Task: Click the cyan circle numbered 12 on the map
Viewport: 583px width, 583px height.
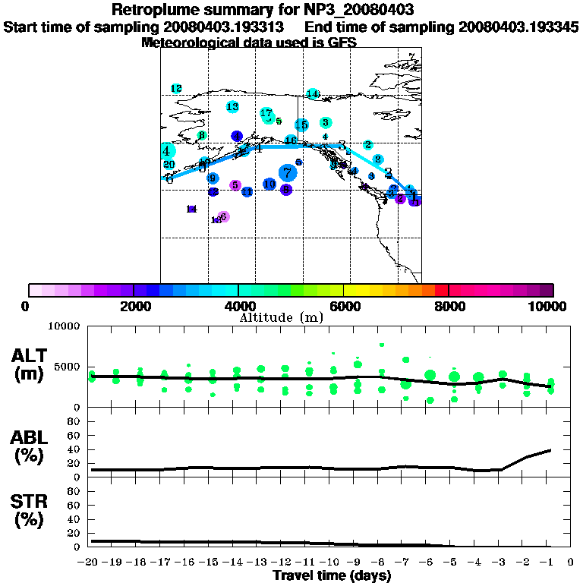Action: click(x=176, y=89)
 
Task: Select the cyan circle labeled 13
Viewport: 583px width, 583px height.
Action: click(x=232, y=107)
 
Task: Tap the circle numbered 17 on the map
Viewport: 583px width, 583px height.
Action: click(x=266, y=114)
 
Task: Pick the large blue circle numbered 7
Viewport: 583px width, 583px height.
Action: click(x=287, y=173)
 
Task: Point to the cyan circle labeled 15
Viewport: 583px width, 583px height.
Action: click(x=301, y=124)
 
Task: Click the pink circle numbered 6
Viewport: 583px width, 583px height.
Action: click(x=223, y=216)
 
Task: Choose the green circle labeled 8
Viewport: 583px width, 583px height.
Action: click(x=202, y=136)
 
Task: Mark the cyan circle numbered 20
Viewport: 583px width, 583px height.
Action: click(x=169, y=164)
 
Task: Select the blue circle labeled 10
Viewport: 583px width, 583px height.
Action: click(x=269, y=184)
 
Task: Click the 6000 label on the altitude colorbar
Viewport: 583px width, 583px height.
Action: click(x=344, y=306)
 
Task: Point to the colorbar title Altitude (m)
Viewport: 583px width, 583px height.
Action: click(x=281, y=317)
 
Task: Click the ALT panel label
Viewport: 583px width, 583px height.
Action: click(x=27, y=361)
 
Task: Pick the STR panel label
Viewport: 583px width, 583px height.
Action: click(x=27, y=512)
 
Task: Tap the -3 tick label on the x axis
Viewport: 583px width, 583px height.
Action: click(x=500, y=563)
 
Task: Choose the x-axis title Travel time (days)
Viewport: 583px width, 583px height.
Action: click(x=332, y=575)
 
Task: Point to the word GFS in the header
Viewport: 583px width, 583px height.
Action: click(x=341, y=43)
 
